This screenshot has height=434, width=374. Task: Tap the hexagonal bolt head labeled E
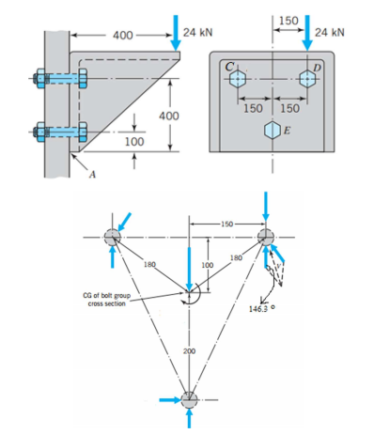click(x=273, y=129)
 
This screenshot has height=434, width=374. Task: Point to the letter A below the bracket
click(x=90, y=173)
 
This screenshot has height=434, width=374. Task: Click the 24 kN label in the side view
click(x=198, y=32)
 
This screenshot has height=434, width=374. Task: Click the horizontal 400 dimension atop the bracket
click(x=123, y=36)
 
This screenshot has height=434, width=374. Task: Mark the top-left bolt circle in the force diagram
click(x=113, y=235)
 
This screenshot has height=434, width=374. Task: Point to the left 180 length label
click(x=148, y=265)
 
